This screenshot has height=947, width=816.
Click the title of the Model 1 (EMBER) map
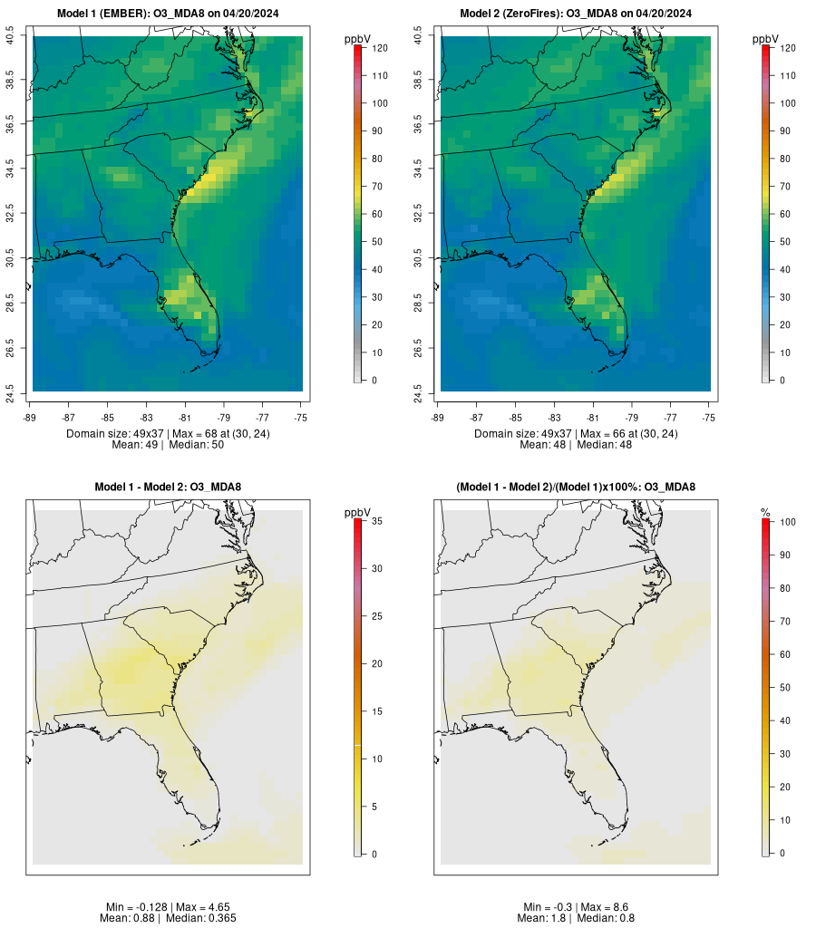(167, 14)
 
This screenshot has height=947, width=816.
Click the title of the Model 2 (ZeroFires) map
(576, 14)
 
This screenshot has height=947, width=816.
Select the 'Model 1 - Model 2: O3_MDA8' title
(168, 488)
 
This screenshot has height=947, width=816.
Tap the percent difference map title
(576, 488)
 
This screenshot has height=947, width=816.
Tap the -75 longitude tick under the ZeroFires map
(709, 417)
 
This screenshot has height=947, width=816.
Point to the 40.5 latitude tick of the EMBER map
(11, 36)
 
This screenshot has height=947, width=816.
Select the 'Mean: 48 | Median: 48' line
(576, 445)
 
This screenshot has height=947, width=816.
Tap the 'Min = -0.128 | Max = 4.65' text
(168, 907)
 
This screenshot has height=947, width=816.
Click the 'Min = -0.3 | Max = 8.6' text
(576, 907)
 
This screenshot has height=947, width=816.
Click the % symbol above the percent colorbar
(765, 513)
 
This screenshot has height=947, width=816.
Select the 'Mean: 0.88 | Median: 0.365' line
(168, 918)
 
